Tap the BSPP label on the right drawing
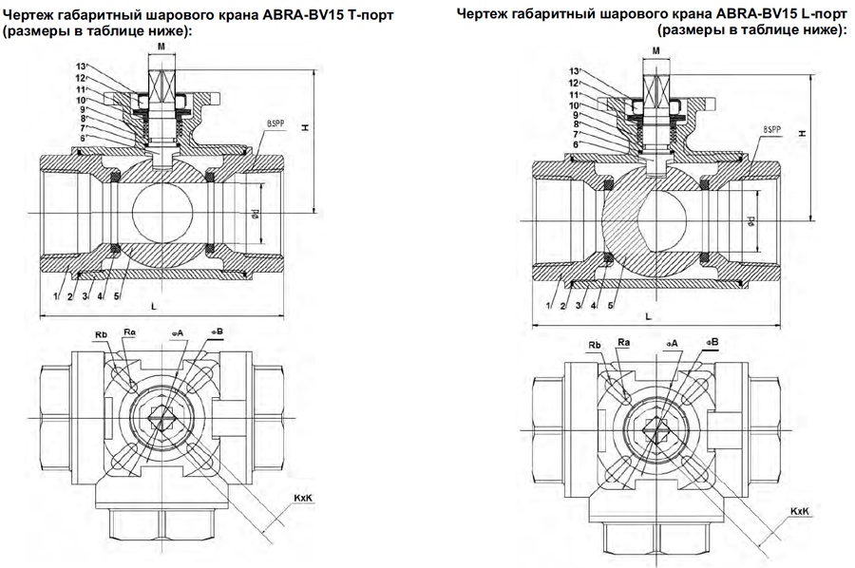click(773, 129)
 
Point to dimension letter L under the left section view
click(154, 306)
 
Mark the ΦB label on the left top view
click(217, 331)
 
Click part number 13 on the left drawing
click(81, 66)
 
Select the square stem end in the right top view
click(656, 428)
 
